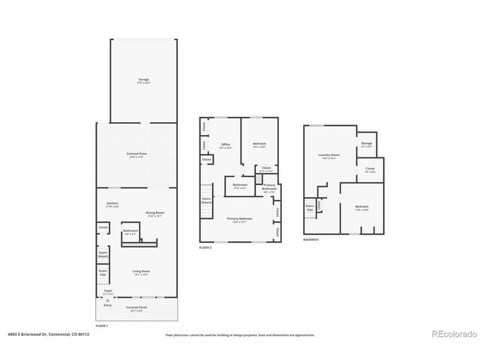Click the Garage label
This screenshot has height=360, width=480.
143,79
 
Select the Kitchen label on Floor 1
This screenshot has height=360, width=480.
112,204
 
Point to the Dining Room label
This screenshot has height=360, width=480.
154,214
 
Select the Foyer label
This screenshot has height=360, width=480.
108,292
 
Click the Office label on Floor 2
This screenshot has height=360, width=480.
224,145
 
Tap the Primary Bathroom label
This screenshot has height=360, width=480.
269,187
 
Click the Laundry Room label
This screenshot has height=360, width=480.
330,157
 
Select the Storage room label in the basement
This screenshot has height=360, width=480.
366,145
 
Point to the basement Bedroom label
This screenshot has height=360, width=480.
361,207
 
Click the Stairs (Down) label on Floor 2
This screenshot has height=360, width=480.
205,200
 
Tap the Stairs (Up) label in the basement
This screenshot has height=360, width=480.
309,208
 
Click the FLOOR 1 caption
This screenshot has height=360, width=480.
103,326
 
